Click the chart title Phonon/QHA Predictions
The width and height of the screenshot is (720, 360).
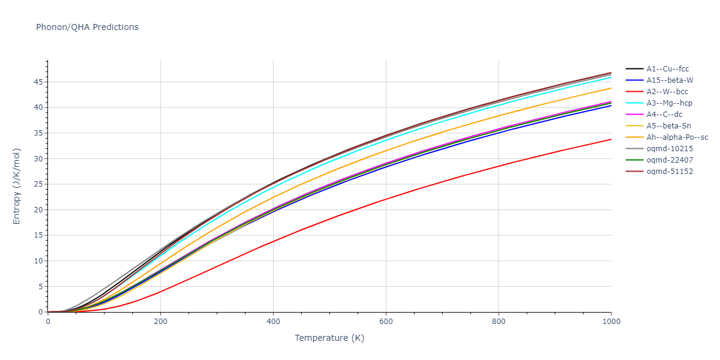click(87, 27)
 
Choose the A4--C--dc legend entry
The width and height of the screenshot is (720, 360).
click(664, 115)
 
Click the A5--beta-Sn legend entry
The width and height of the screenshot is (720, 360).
click(668, 126)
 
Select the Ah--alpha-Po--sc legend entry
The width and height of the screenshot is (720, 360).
click(677, 137)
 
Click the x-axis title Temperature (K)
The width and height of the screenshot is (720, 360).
click(329, 338)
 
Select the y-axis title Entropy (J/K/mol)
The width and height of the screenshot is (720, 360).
click(17, 186)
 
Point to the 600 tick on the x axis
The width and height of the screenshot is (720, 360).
click(386, 322)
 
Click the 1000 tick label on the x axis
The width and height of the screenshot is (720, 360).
click(611, 322)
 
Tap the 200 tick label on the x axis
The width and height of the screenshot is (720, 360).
click(160, 322)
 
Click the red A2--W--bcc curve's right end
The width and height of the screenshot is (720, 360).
click(611, 139)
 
